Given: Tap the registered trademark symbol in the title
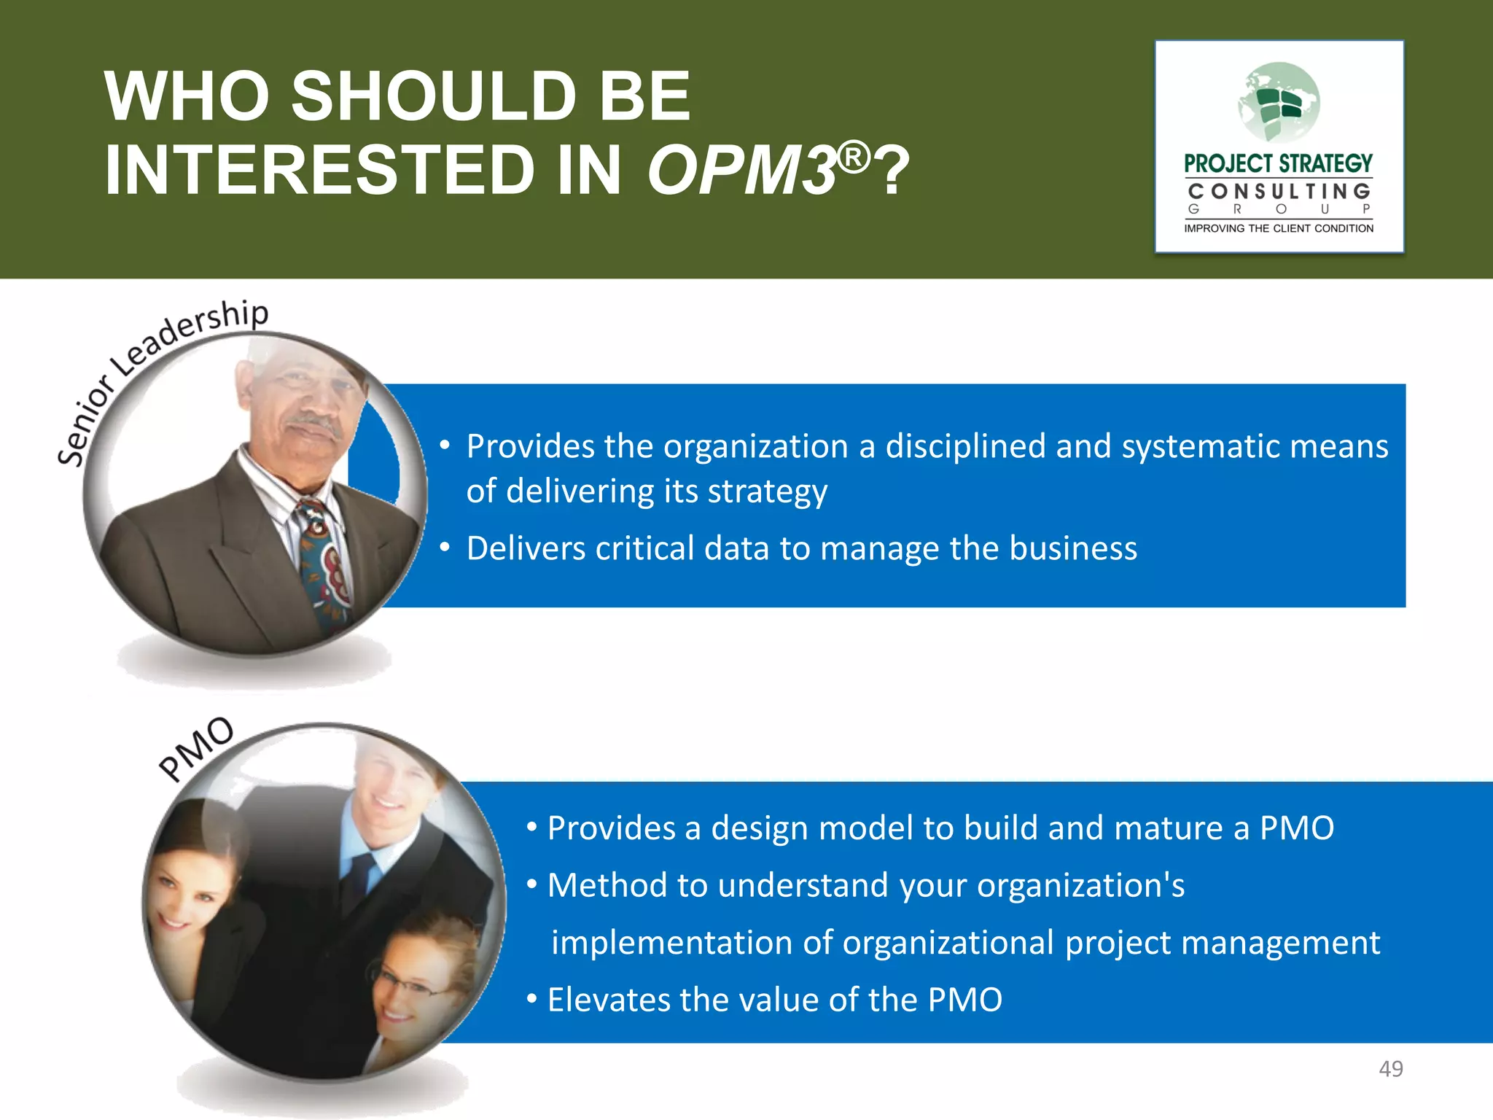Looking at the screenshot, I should tap(854, 157).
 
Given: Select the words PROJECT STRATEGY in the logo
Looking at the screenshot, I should tap(1278, 163).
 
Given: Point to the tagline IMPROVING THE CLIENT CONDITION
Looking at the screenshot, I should tap(1279, 228).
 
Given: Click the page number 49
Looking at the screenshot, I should tap(1390, 1069).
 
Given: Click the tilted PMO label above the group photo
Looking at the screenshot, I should tap(196, 748).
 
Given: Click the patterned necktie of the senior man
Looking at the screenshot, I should tap(324, 561).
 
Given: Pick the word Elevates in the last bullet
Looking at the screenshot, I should tap(608, 1000).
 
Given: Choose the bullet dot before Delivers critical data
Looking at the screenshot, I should tap(444, 548).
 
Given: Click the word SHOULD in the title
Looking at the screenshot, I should tap(434, 97).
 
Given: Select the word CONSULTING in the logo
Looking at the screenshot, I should tap(1279, 192).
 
